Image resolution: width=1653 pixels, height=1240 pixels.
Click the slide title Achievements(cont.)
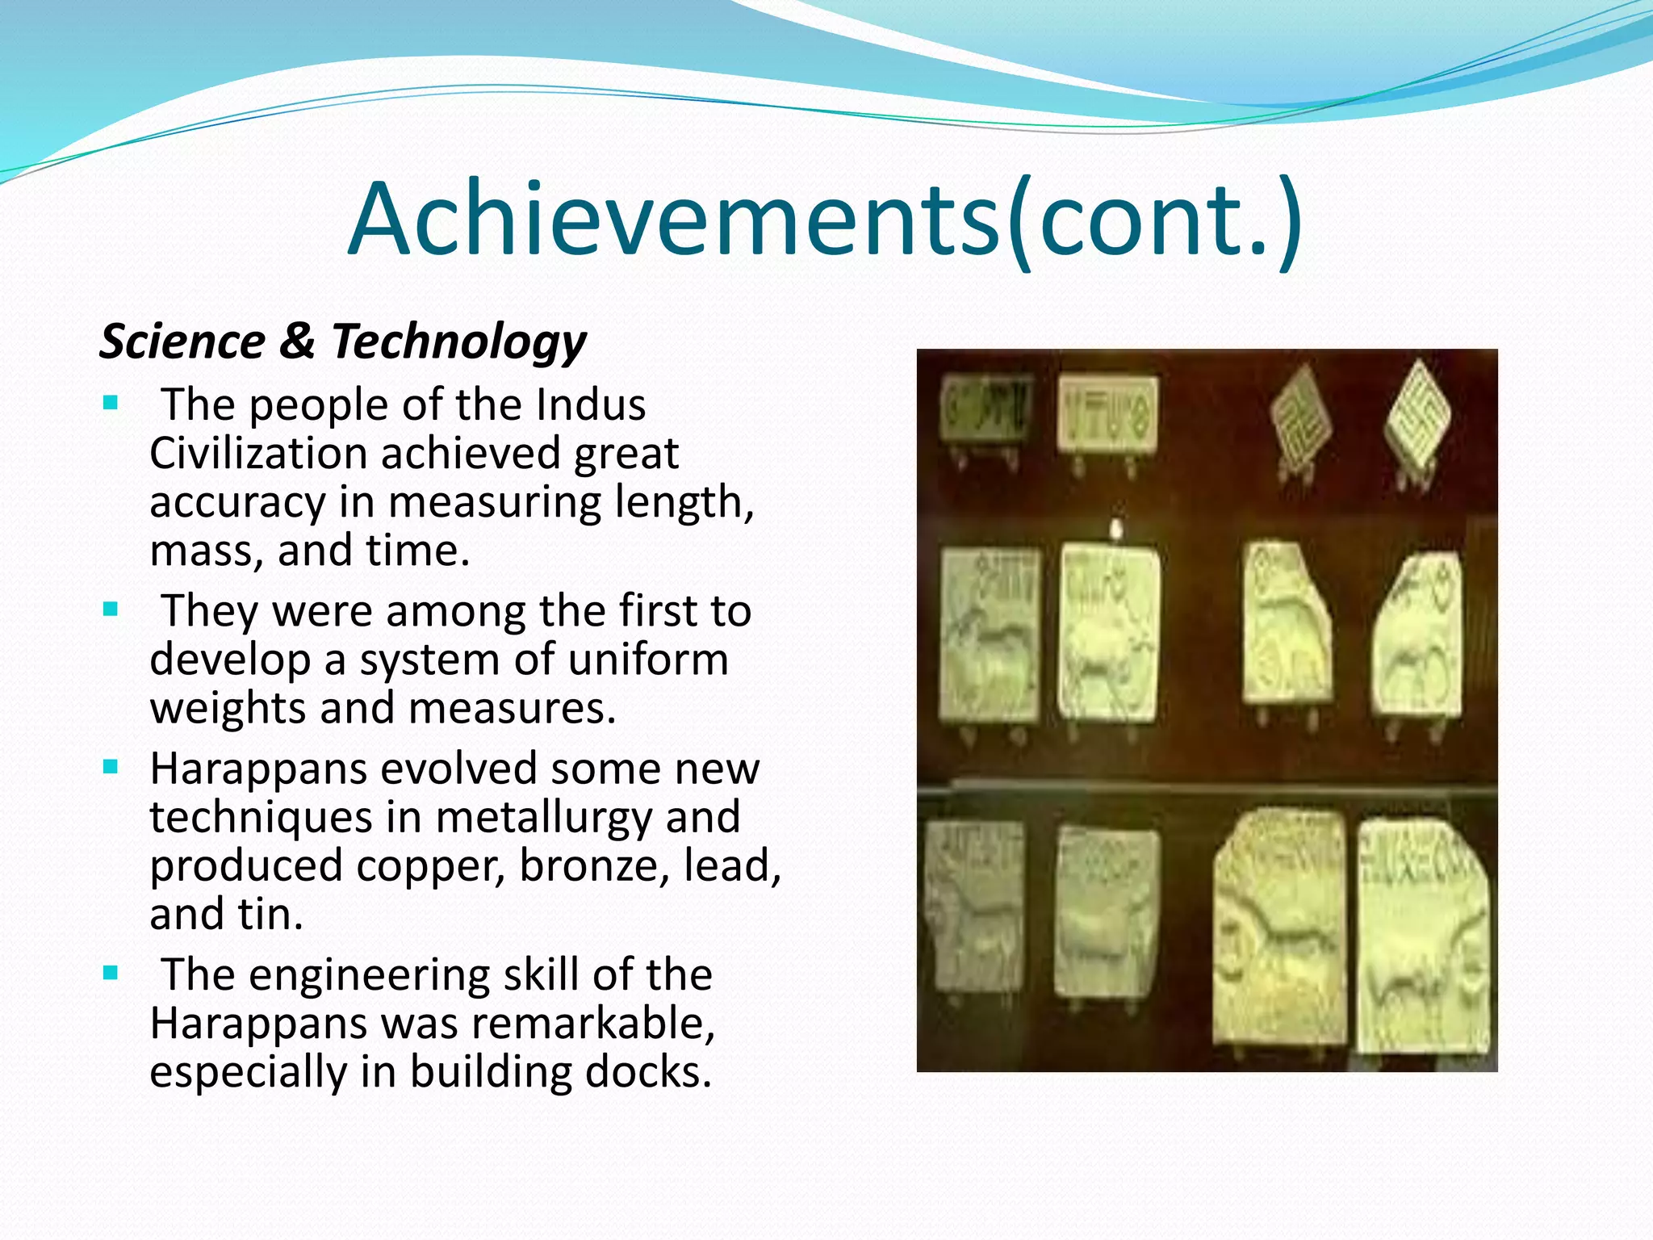(825, 220)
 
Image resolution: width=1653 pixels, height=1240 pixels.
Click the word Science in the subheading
(182, 341)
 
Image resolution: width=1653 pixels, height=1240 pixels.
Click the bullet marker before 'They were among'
(111, 610)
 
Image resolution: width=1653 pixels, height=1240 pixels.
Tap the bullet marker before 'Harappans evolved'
(111, 767)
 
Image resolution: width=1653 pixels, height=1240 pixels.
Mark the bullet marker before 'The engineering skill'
(111, 973)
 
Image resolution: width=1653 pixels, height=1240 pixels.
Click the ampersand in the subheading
(298, 341)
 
